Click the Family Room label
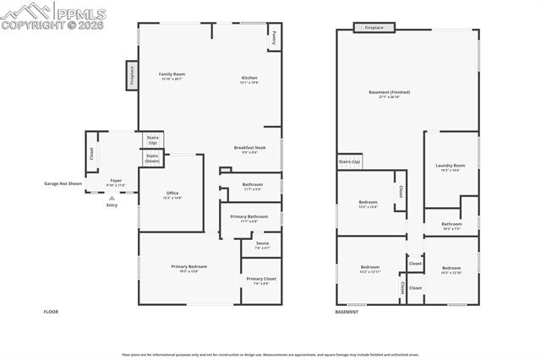(x=172, y=74)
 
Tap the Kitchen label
(x=249, y=78)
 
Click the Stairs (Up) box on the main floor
(x=153, y=139)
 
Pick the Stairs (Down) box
(x=152, y=158)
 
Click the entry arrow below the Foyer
(x=112, y=198)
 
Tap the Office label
(x=172, y=194)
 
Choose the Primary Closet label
(x=261, y=278)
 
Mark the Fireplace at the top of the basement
(x=374, y=28)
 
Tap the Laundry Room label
(x=450, y=166)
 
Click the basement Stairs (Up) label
(x=349, y=161)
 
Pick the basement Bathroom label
(x=451, y=224)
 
